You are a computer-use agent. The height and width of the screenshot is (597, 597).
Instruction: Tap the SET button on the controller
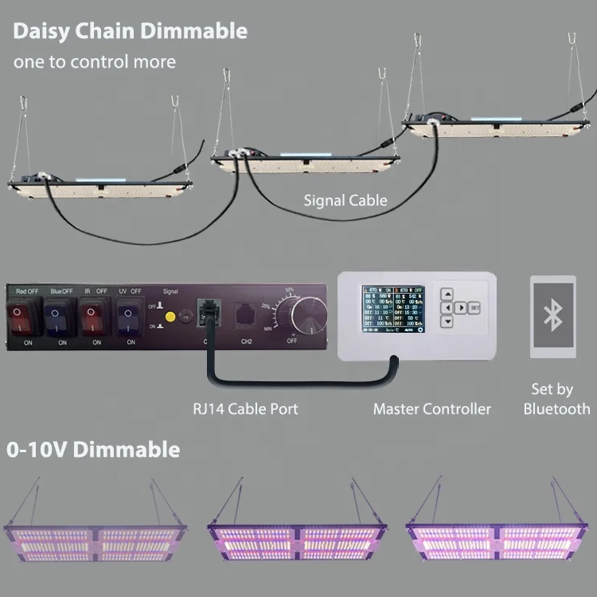(x=474, y=306)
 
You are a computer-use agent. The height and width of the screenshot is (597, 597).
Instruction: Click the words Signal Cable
(x=345, y=201)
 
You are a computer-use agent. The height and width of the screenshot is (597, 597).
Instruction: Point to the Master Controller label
(x=432, y=408)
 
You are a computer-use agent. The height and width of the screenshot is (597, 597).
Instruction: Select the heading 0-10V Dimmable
(x=93, y=450)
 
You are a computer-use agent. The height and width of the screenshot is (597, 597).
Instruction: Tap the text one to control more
(x=94, y=61)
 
